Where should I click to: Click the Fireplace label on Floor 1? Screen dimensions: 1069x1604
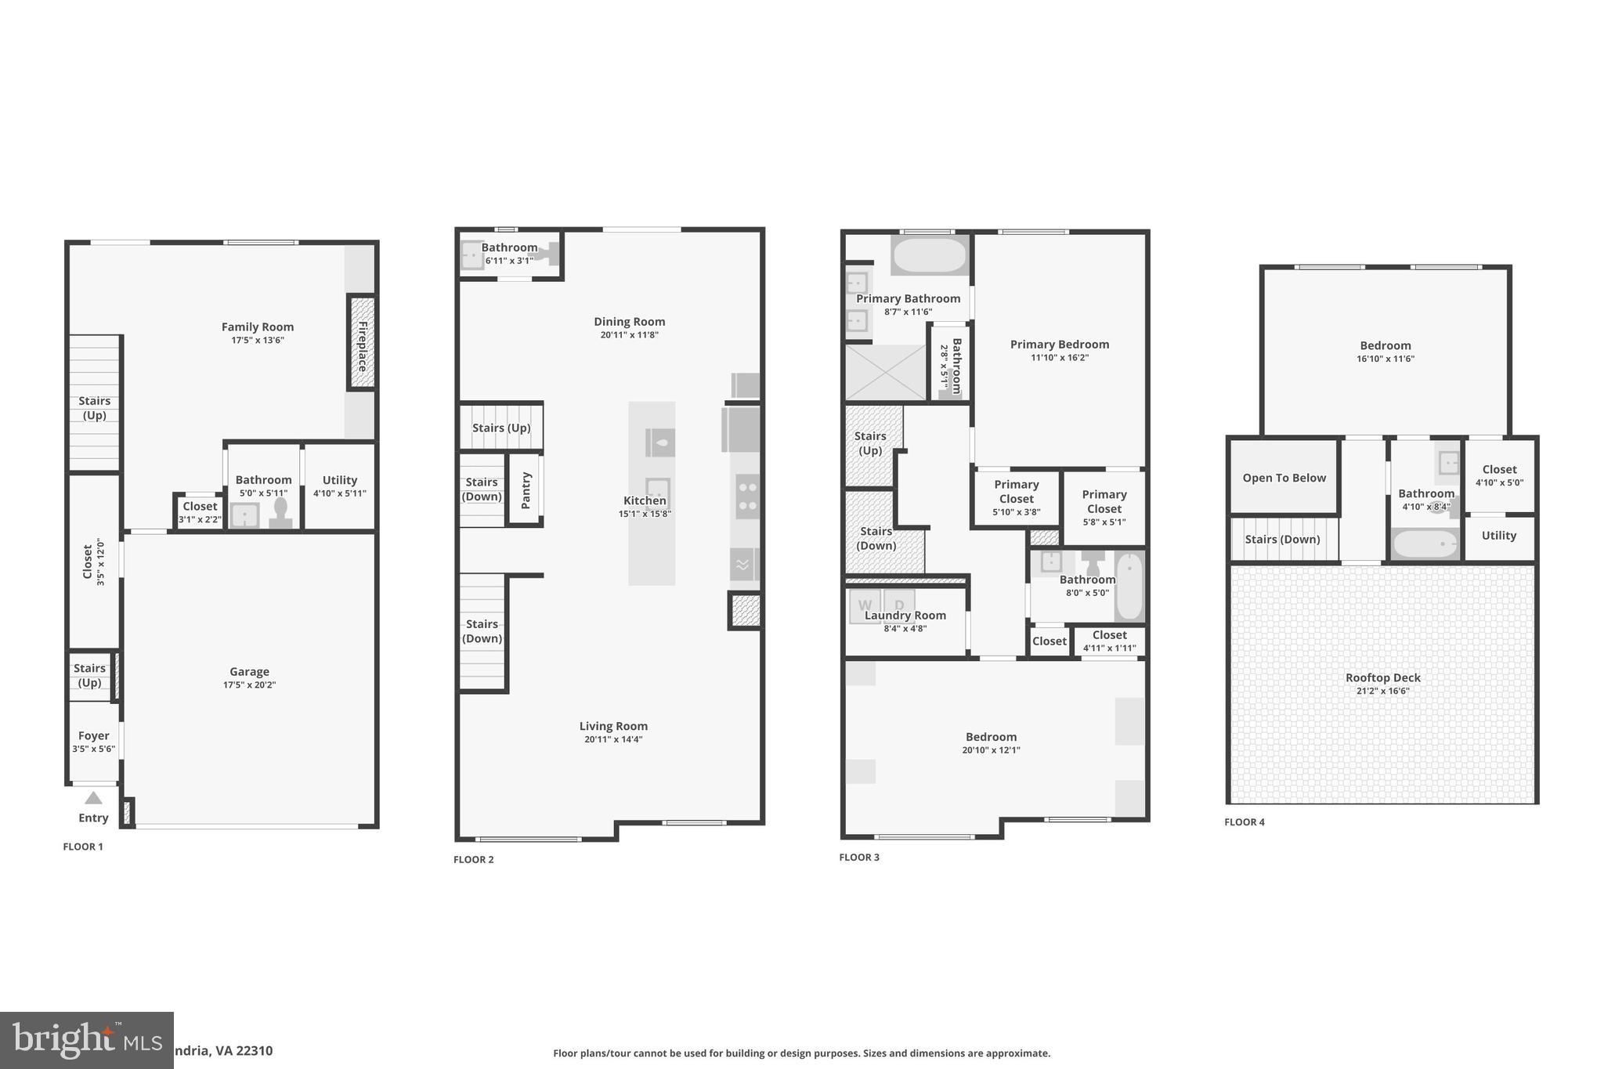363,345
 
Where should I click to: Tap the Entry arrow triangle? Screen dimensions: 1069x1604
93,798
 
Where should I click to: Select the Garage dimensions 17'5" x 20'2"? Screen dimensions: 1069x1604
249,685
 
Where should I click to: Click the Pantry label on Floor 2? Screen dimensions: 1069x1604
526,490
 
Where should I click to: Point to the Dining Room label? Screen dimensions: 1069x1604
629,322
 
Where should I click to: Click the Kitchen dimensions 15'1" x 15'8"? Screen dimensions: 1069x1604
645,515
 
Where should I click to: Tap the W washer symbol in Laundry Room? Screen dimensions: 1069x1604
865,605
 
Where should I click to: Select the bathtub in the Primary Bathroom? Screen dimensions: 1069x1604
930,255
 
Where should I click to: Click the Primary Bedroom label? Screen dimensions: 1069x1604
1059,345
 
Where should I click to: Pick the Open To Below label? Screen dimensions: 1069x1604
1284,478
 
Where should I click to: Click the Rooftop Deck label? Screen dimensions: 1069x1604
1382,678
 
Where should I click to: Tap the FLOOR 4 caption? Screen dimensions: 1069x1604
1245,822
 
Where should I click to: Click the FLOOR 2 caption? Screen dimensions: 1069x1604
473,860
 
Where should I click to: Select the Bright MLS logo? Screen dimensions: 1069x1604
86,1040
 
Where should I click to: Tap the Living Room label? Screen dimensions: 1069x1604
613,726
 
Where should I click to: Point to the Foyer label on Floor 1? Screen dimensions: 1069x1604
93,735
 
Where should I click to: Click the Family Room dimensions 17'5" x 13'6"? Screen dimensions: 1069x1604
257,341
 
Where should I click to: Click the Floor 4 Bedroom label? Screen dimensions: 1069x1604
1385,346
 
